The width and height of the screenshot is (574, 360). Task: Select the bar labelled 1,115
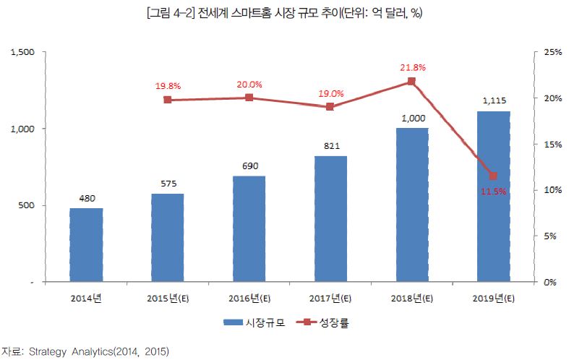[x=493, y=196]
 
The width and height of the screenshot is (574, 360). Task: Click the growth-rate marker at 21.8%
[x=411, y=82]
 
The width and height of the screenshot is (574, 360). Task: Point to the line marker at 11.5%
[x=493, y=176]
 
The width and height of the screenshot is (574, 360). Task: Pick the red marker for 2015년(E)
[x=168, y=100]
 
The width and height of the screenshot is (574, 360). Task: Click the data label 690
[x=249, y=166]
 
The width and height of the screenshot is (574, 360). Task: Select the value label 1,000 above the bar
[x=411, y=119]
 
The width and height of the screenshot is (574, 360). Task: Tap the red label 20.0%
[x=249, y=85]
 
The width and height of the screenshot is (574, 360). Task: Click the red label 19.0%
[x=330, y=94]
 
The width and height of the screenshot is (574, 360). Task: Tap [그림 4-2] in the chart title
[x=171, y=13]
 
